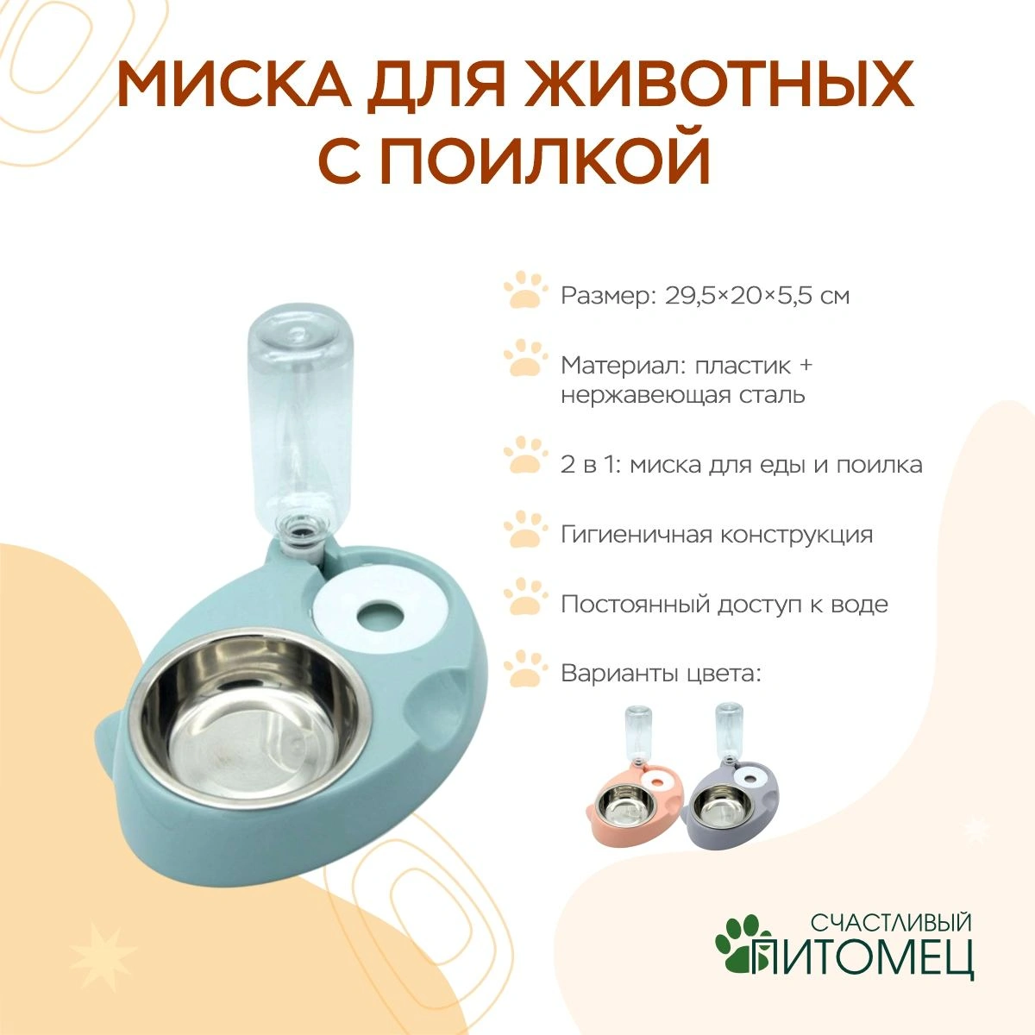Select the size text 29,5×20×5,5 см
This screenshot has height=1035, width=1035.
(x=757, y=296)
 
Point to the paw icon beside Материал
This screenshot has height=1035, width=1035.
(x=525, y=357)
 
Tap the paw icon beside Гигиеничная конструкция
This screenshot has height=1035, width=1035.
(x=525, y=529)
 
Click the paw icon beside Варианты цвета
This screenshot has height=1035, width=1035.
(x=525, y=668)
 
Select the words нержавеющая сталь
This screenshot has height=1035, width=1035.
(x=682, y=396)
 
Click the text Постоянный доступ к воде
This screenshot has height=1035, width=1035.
(x=724, y=605)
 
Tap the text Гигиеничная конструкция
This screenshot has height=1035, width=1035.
(x=717, y=535)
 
